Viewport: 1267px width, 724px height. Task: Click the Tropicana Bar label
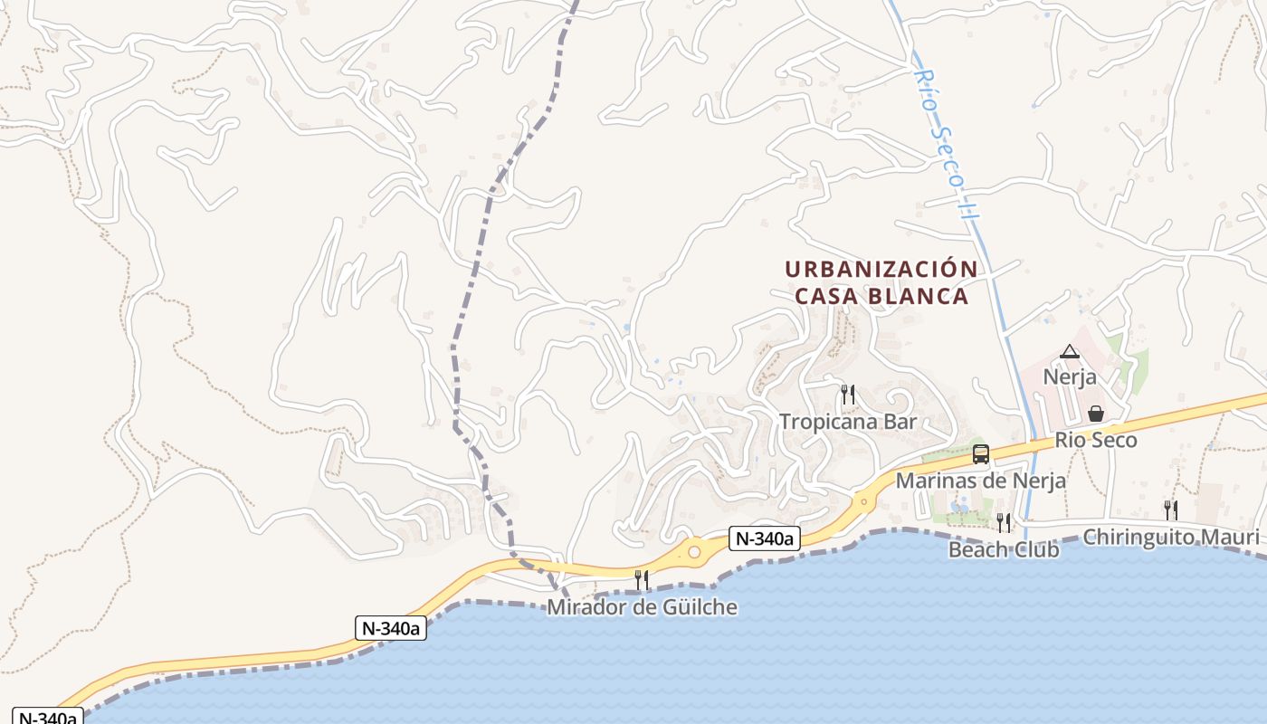(x=848, y=422)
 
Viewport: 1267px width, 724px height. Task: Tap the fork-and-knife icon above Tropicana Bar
(x=848, y=394)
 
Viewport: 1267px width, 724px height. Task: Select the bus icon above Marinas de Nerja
(x=980, y=453)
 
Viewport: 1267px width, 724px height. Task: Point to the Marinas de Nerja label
(x=980, y=481)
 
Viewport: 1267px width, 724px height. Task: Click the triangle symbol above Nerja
(x=1070, y=352)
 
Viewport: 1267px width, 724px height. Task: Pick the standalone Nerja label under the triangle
(x=1070, y=376)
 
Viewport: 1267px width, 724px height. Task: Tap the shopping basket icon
(x=1096, y=414)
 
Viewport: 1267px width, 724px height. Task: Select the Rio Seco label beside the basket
(x=1096, y=441)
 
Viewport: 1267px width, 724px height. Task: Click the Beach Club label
(x=1004, y=549)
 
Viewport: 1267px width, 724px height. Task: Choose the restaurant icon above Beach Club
(x=1004, y=522)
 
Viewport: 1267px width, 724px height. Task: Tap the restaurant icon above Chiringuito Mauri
(x=1170, y=510)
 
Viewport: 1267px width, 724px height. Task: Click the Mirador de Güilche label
(x=642, y=606)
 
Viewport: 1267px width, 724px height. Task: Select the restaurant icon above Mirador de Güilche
(x=642, y=579)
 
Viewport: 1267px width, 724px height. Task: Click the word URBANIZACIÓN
(x=881, y=270)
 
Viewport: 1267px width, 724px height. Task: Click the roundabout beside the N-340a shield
(x=694, y=551)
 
